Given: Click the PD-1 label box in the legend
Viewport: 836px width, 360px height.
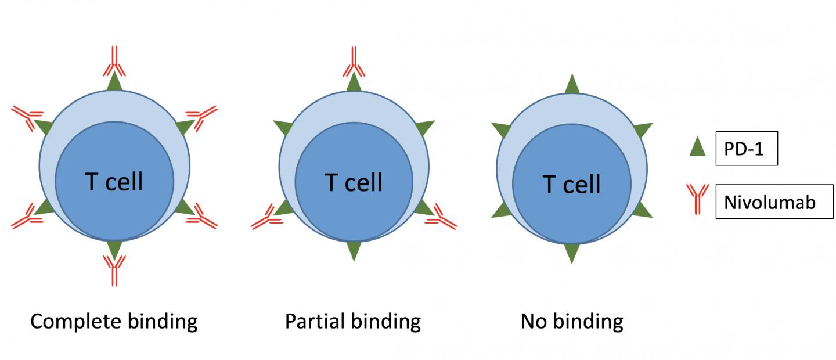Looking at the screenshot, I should (x=746, y=149).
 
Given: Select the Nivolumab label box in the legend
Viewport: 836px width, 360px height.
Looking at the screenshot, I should (x=774, y=201).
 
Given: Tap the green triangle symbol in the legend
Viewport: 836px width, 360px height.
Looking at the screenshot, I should (x=697, y=147).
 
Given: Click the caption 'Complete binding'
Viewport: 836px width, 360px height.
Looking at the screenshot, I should (x=114, y=321).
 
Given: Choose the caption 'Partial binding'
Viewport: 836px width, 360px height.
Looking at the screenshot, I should (x=353, y=321).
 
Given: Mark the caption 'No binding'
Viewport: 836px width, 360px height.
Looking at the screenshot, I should (x=572, y=321).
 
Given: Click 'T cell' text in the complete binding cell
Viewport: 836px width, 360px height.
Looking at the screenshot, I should (x=114, y=182).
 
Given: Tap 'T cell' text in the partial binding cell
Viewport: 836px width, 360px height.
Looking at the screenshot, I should (x=354, y=182).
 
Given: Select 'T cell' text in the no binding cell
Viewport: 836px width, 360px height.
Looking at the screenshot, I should (x=572, y=185).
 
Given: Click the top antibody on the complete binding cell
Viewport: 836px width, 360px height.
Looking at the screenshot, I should (x=114, y=62).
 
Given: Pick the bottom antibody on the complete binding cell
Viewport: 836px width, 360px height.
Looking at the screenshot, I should (x=114, y=271).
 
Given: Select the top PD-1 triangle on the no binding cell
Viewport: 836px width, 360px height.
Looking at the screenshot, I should (x=572, y=85).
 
